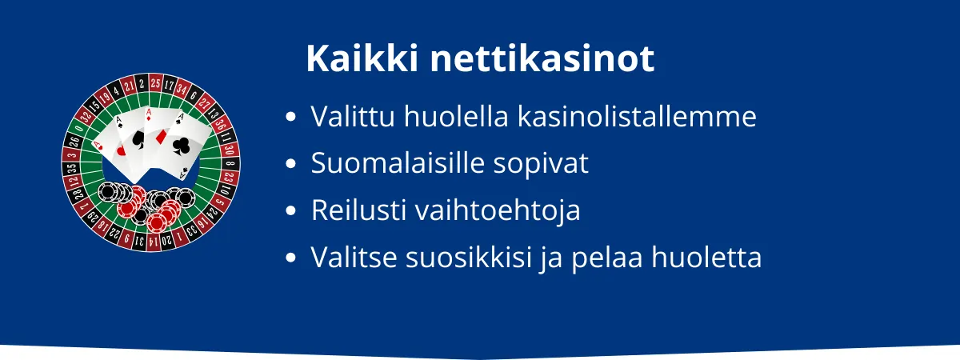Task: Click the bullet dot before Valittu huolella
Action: (x=291, y=118)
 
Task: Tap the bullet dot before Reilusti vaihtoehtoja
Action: (x=291, y=212)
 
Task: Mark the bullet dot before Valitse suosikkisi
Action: (x=291, y=259)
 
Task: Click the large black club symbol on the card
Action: (x=182, y=145)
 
